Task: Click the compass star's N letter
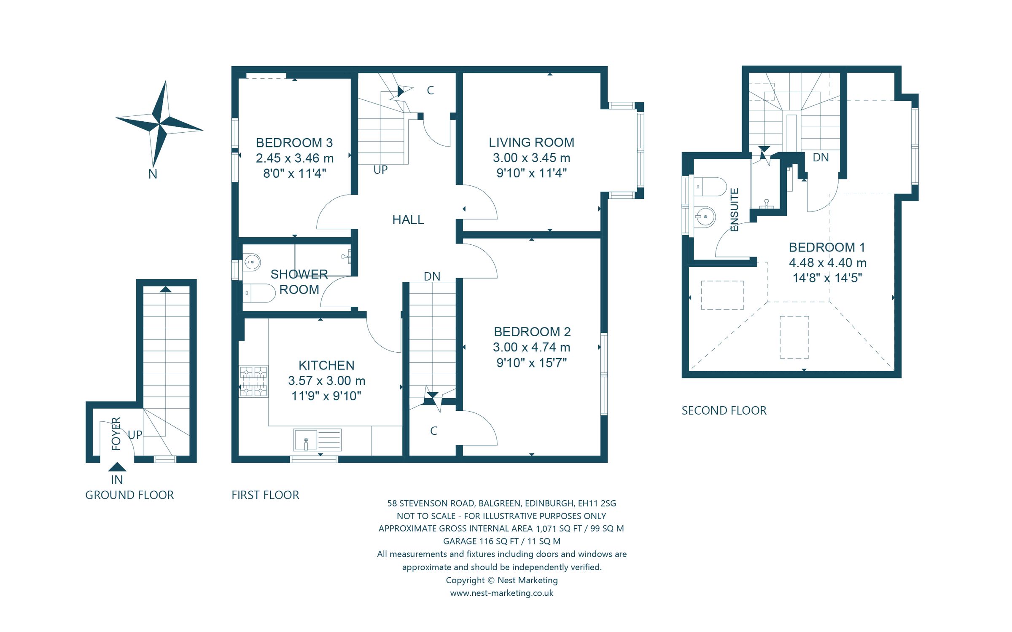153,174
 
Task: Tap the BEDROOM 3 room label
294,143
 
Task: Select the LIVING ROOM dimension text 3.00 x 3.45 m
531,158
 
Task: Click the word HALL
408,220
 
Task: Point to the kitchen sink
306,440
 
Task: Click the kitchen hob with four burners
253,381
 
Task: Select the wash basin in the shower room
252,262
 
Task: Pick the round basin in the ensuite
705,217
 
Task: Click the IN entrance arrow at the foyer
117,467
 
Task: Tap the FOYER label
116,434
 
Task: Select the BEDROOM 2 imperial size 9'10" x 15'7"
531,363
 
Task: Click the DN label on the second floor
820,158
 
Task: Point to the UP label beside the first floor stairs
380,170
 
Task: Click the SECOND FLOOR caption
724,410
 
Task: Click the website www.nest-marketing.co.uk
501,593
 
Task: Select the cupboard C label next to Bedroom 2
433,431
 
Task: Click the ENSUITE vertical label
734,209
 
